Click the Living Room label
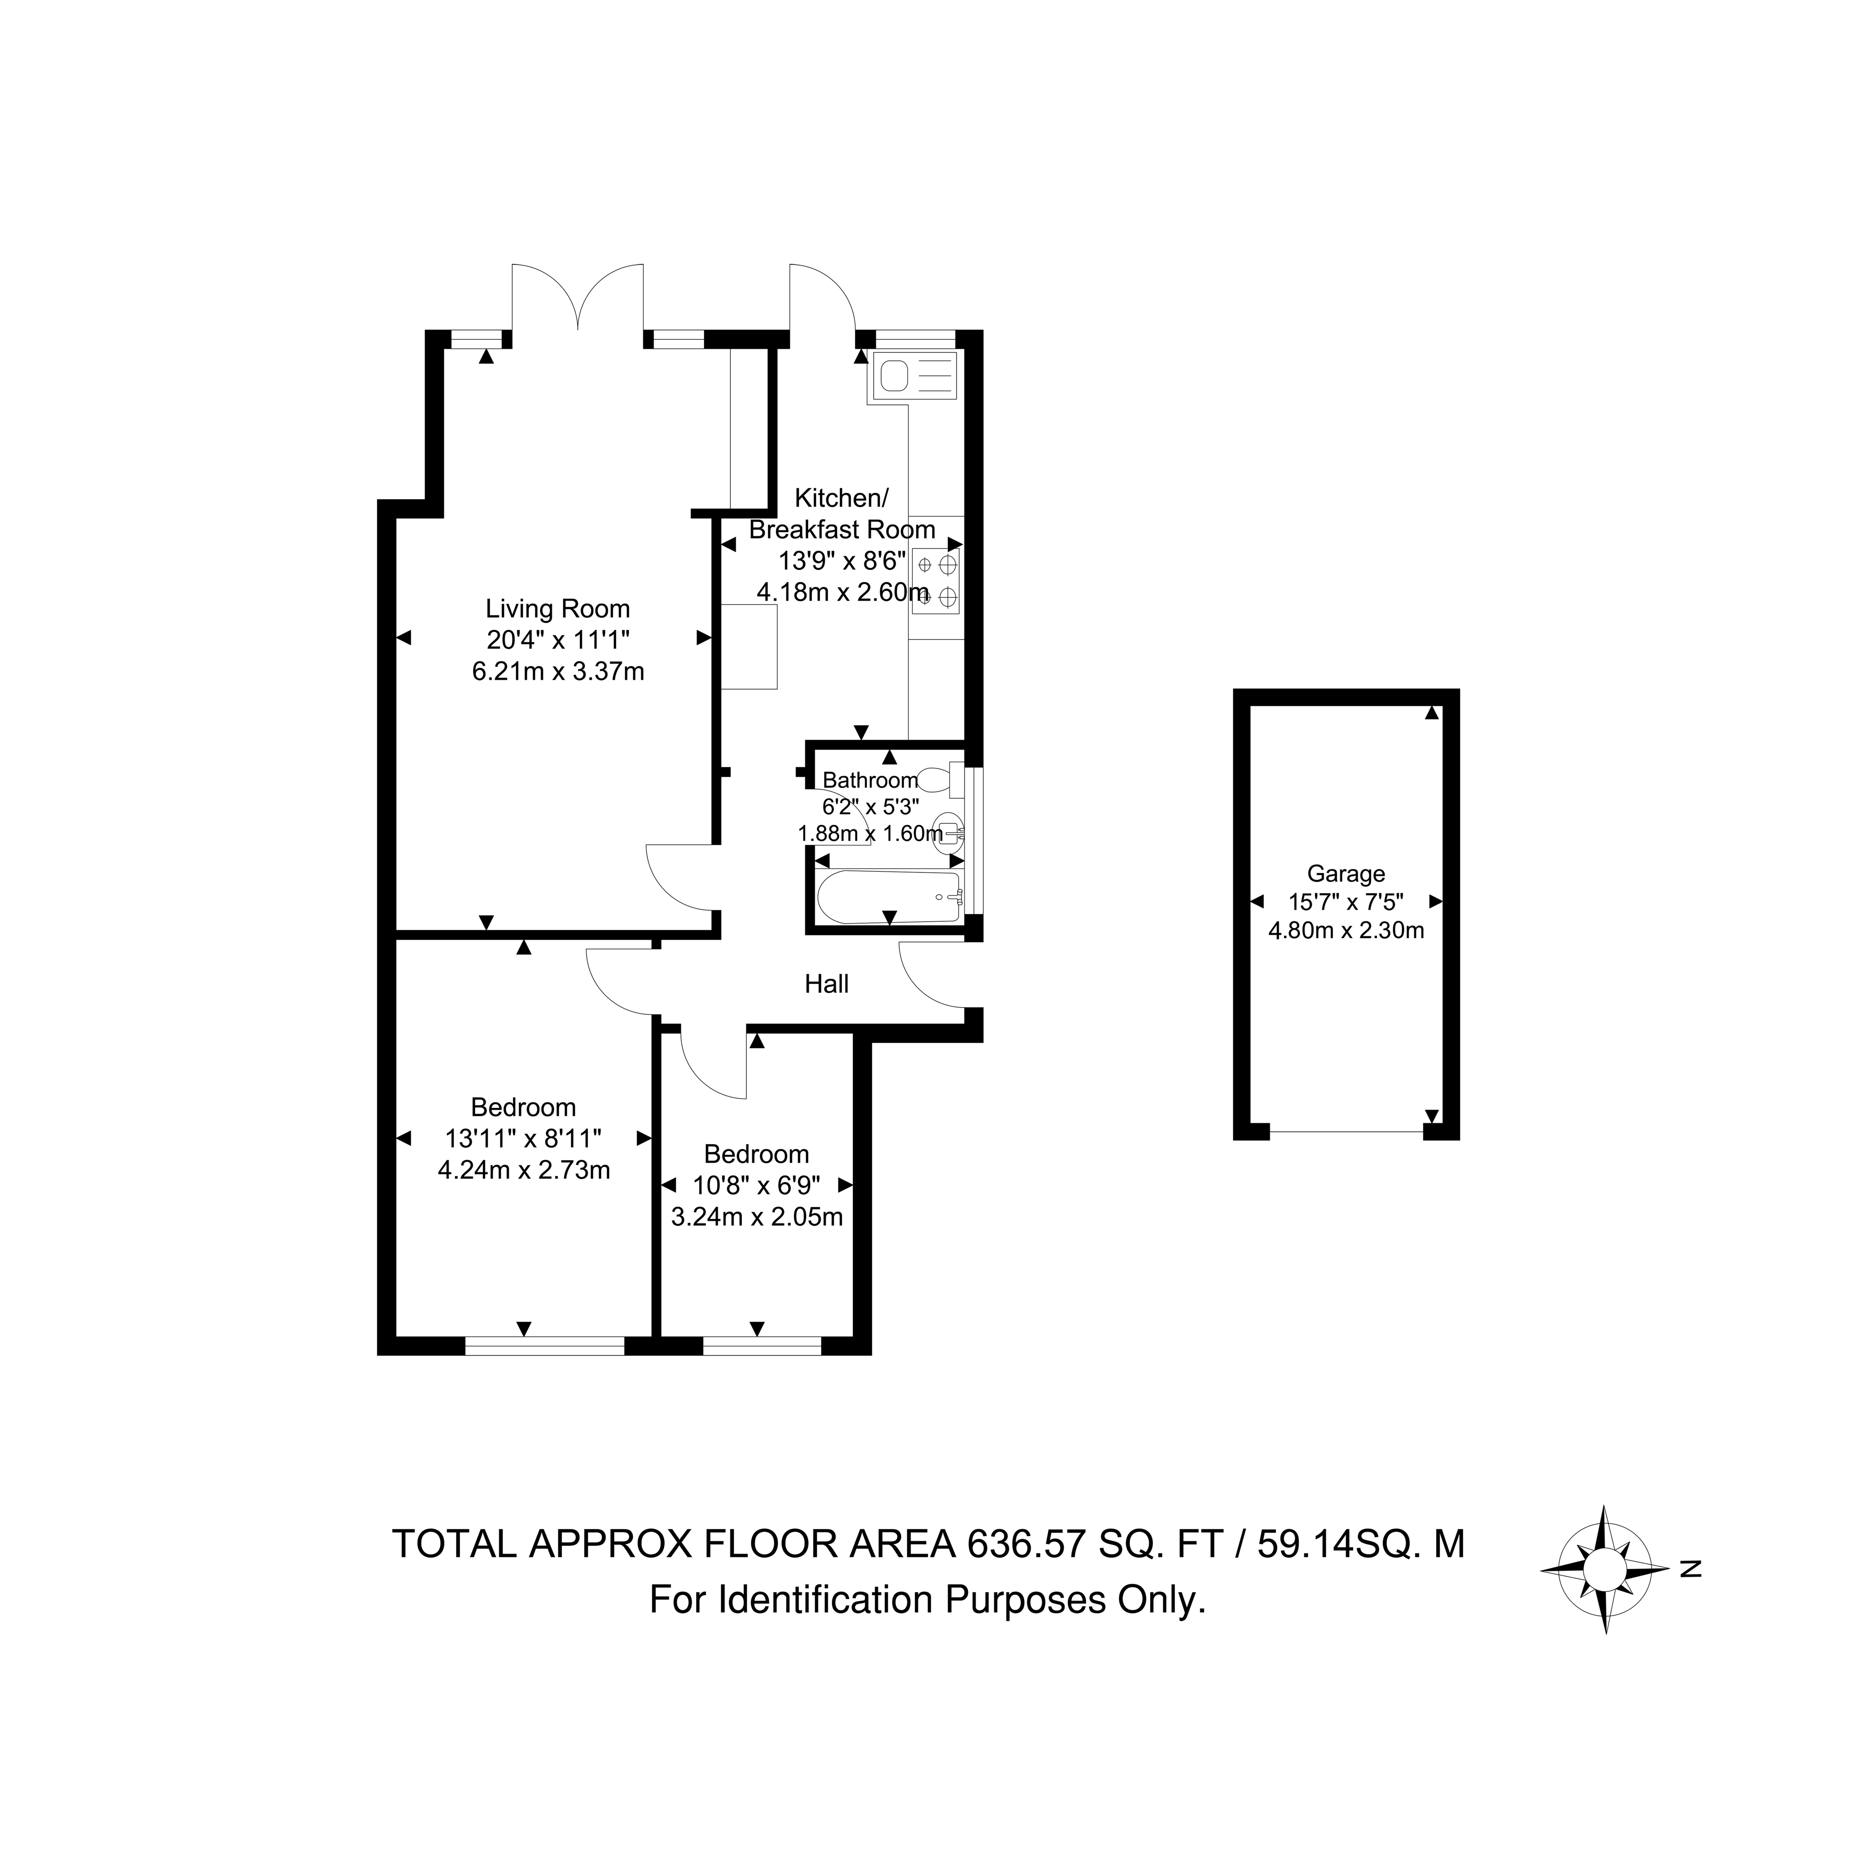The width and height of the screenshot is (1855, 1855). click(557, 609)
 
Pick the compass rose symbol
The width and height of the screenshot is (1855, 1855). click(1605, 1569)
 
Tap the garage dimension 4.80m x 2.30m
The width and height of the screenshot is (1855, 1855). click(1346, 929)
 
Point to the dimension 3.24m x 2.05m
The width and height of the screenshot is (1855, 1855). click(756, 1218)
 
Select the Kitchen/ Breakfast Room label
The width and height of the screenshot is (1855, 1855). click(842, 514)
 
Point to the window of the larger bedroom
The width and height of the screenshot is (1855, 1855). click(544, 1346)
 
